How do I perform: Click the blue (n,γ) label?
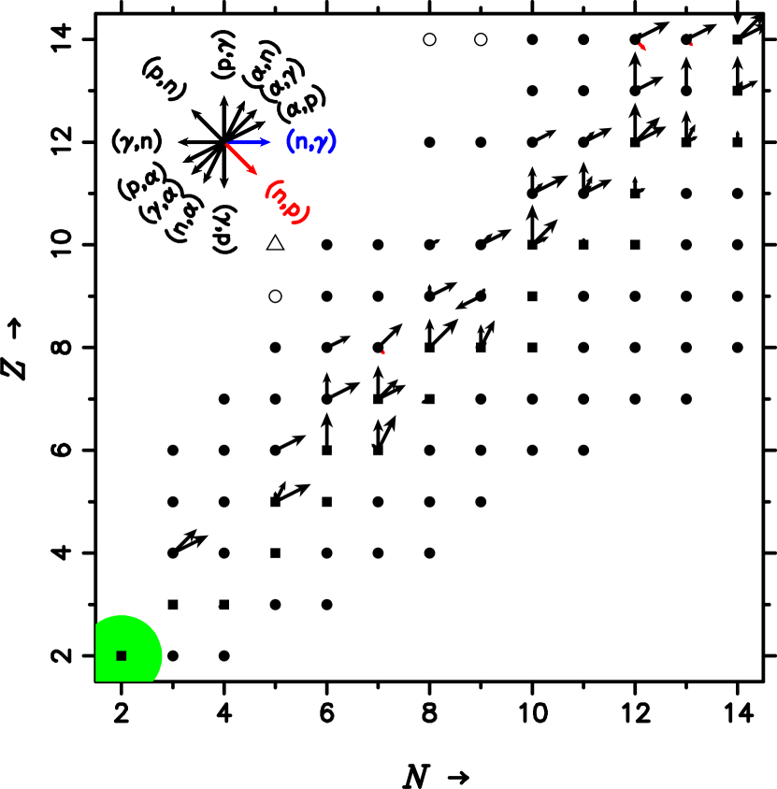point(310,142)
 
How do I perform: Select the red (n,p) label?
point(286,202)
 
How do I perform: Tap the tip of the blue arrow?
point(269,142)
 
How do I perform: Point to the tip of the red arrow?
point(256,174)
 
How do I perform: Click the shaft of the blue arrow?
point(248,143)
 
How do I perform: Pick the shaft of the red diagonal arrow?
point(240,158)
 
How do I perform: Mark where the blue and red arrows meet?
point(227,144)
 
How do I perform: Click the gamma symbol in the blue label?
point(321,143)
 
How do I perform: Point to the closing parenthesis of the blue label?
point(332,141)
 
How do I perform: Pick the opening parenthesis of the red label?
point(269,188)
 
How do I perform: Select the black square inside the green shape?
point(122,656)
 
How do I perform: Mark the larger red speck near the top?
point(642,46)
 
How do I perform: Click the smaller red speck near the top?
point(692,44)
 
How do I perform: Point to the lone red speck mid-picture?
point(382,352)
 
